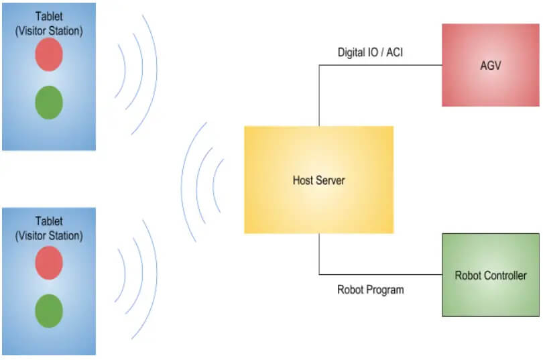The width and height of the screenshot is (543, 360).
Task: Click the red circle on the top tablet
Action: [49, 54]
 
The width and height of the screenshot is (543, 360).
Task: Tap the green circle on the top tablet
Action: [49, 103]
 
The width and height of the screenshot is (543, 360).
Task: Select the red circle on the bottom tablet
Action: [49, 263]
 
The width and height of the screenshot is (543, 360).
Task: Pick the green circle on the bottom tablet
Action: [49, 311]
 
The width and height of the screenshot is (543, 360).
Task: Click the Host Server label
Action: [318, 180]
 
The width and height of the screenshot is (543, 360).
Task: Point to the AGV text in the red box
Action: [490, 66]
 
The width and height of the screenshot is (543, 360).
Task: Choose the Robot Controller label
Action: [491, 276]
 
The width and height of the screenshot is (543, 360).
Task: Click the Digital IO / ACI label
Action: [370, 52]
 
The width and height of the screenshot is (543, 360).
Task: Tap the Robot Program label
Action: [370, 290]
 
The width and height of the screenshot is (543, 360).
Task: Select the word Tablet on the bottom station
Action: [49, 221]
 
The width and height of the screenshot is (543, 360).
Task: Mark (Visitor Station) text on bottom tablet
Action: [49, 235]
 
